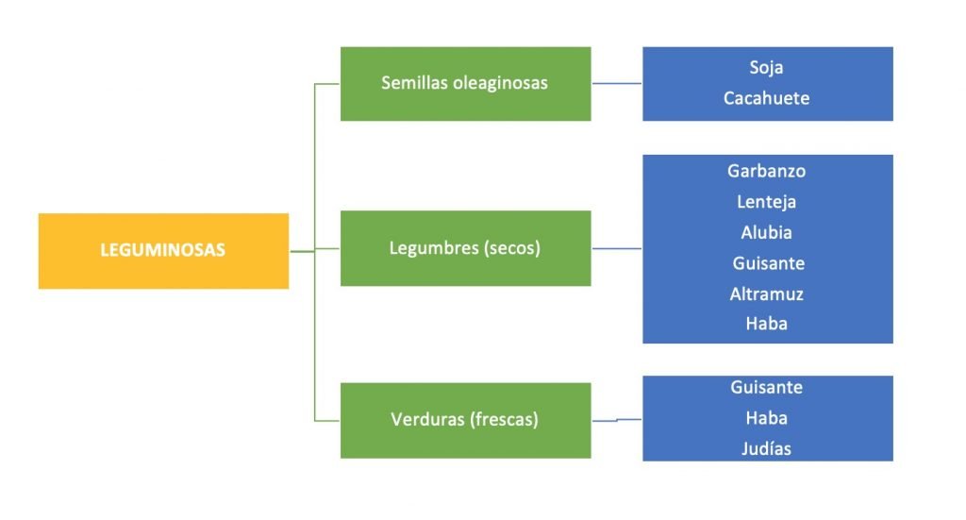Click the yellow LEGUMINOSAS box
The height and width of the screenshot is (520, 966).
(x=163, y=251)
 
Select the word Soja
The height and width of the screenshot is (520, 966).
(x=766, y=68)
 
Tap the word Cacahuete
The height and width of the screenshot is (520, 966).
(x=766, y=98)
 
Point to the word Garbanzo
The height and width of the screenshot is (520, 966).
(x=766, y=172)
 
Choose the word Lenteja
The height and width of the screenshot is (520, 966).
(x=766, y=202)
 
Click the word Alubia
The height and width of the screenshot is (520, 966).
(x=766, y=232)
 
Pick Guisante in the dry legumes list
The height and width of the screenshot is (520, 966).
(x=767, y=263)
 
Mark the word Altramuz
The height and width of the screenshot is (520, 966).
(x=766, y=294)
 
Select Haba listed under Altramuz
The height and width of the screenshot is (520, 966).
(x=766, y=324)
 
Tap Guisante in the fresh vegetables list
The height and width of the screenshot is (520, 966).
(x=766, y=387)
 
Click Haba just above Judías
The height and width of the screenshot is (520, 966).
(x=766, y=418)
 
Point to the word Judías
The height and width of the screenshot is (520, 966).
(x=766, y=449)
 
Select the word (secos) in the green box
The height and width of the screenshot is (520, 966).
(x=509, y=249)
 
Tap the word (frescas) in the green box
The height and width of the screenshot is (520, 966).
(x=504, y=420)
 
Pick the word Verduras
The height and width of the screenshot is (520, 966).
(x=426, y=420)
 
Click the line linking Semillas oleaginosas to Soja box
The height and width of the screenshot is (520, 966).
(x=617, y=84)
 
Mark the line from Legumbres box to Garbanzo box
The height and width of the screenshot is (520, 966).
(x=617, y=249)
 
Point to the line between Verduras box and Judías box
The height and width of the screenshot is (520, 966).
(x=617, y=420)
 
